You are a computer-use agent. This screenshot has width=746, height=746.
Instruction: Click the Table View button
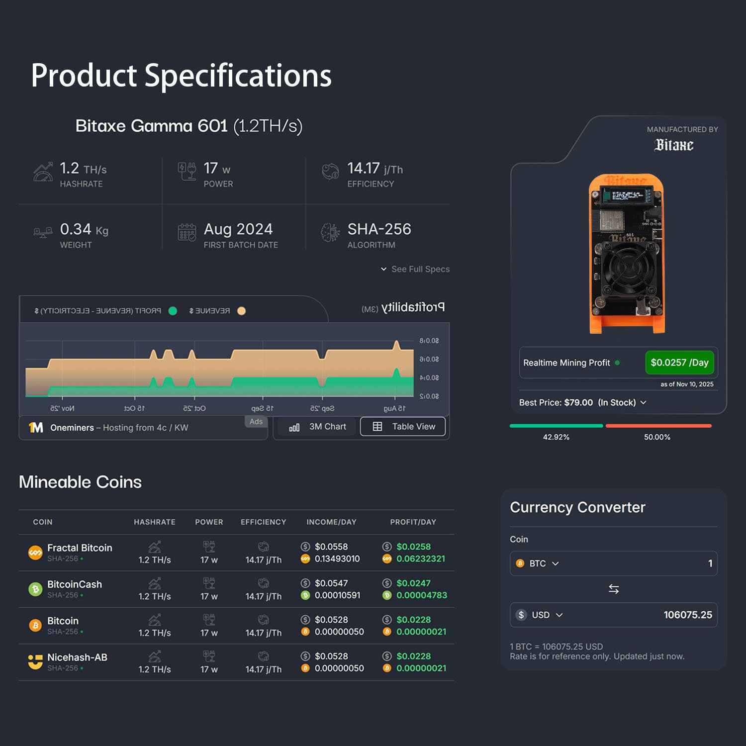[x=403, y=427]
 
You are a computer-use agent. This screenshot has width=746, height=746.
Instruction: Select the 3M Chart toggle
[x=318, y=427]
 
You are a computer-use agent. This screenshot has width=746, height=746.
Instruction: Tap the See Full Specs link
[x=416, y=269]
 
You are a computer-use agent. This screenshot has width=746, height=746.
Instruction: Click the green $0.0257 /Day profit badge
[x=679, y=363]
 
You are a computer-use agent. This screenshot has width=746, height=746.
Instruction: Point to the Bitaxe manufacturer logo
[x=674, y=145]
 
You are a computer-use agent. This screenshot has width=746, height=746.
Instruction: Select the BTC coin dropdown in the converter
[x=538, y=563]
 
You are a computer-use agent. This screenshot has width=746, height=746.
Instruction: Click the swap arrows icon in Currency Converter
[x=614, y=589]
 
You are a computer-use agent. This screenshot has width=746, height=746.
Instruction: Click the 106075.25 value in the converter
[x=687, y=615]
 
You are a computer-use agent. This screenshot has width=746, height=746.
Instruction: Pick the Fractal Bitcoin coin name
[x=80, y=548]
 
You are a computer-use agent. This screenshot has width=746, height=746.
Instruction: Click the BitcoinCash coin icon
[x=35, y=589]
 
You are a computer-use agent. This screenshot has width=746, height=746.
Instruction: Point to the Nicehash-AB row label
[x=77, y=657]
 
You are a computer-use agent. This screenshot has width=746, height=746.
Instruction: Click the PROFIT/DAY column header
[x=413, y=522]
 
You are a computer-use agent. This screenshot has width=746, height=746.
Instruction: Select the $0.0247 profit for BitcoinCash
[x=413, y=583]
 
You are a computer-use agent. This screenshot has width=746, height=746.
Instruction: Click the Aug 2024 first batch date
[x=238, y=229]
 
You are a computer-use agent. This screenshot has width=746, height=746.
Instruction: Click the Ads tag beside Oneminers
[x=256, y=422]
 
